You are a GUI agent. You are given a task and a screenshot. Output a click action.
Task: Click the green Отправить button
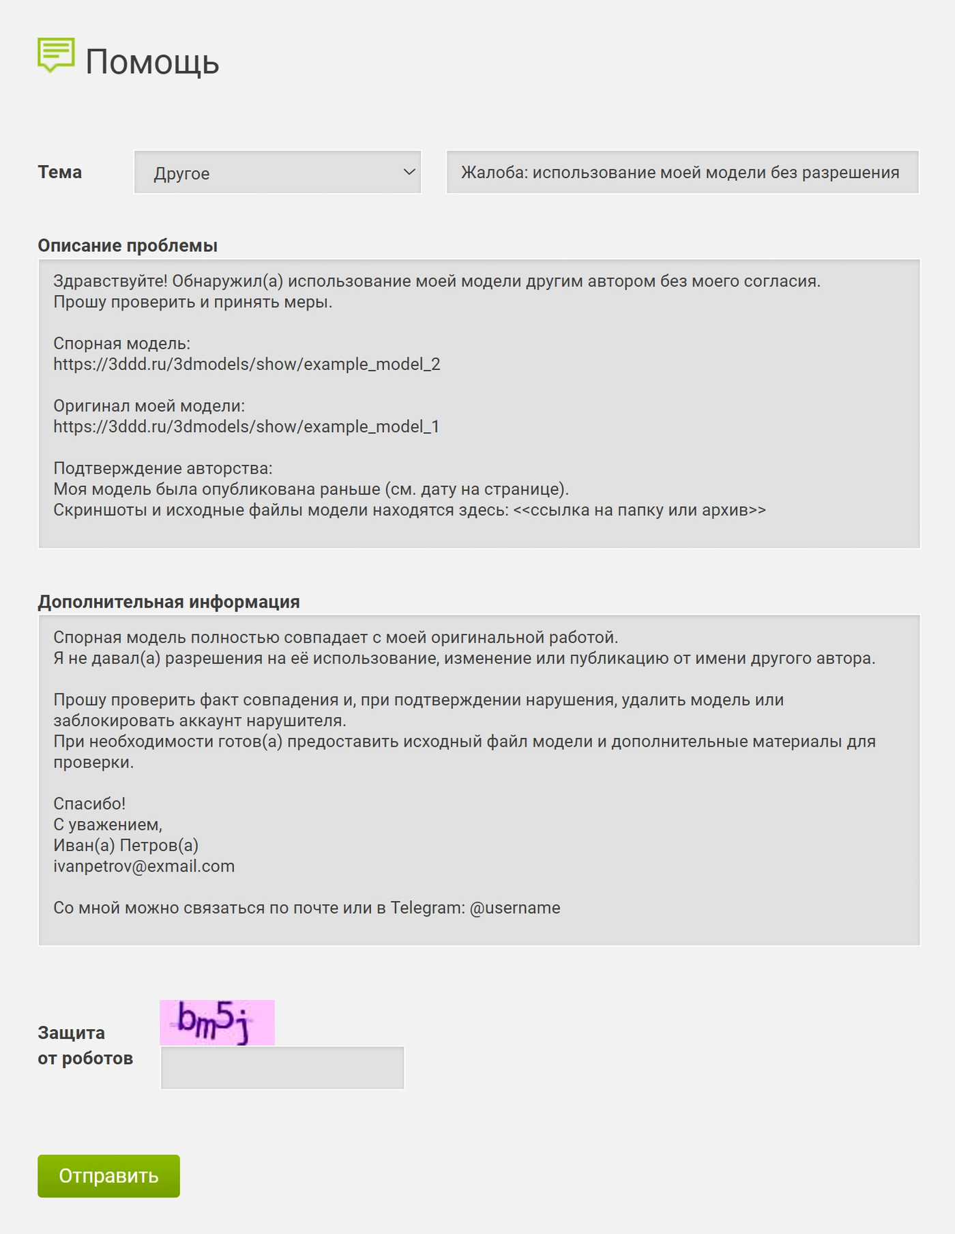[x=108, y=1175]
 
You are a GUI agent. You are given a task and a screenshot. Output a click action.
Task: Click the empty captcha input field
[x=282, y=1067]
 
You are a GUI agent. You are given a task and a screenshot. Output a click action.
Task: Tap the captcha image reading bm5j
[x=217, y=1022]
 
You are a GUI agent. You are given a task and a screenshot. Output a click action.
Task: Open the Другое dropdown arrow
[x=409, y=172]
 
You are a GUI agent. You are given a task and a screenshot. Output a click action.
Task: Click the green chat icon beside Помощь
[x=56, y=55]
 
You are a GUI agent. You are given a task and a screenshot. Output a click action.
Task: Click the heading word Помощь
[x=152, y=61]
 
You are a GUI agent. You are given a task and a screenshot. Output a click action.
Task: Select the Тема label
[x=60, y=172]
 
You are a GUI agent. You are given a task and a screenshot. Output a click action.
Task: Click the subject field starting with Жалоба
[x=681, y=172]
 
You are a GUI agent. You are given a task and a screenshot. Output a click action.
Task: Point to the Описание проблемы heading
[x=128, y=246]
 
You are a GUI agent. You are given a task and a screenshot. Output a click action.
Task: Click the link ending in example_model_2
[x=247, y=364]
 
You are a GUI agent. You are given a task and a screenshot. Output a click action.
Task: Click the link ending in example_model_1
[x=246, y=427]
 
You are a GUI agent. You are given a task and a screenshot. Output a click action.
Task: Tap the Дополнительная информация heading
[x=168, y=602]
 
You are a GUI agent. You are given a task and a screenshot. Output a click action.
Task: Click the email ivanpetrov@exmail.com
[x=144, y=866]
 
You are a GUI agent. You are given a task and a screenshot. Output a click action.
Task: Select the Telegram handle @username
[x=515, y=908]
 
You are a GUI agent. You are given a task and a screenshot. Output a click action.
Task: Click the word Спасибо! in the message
[x=89, y=803]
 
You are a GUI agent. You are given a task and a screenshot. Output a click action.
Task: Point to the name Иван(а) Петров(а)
[x=126, y=845]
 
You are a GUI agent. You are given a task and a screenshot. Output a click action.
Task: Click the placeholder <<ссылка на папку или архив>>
[x=639, y=510]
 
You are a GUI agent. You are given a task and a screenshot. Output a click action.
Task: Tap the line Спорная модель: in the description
[x=121, y=343]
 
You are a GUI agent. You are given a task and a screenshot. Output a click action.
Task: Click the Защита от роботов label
[x=85, y=1045]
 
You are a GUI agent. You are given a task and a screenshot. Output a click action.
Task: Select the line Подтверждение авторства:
[x=162, y=468]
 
